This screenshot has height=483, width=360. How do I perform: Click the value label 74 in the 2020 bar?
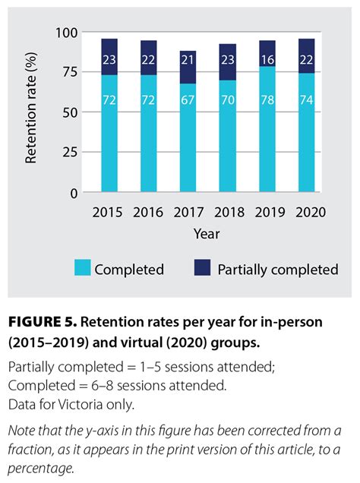click(x=308, y=100)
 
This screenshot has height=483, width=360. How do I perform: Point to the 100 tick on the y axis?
click(x=68, y=33)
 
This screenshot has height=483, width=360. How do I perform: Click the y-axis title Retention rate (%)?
click(x=32, y=112)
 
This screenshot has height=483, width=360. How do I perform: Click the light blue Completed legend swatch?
click(x=81, y=268)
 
